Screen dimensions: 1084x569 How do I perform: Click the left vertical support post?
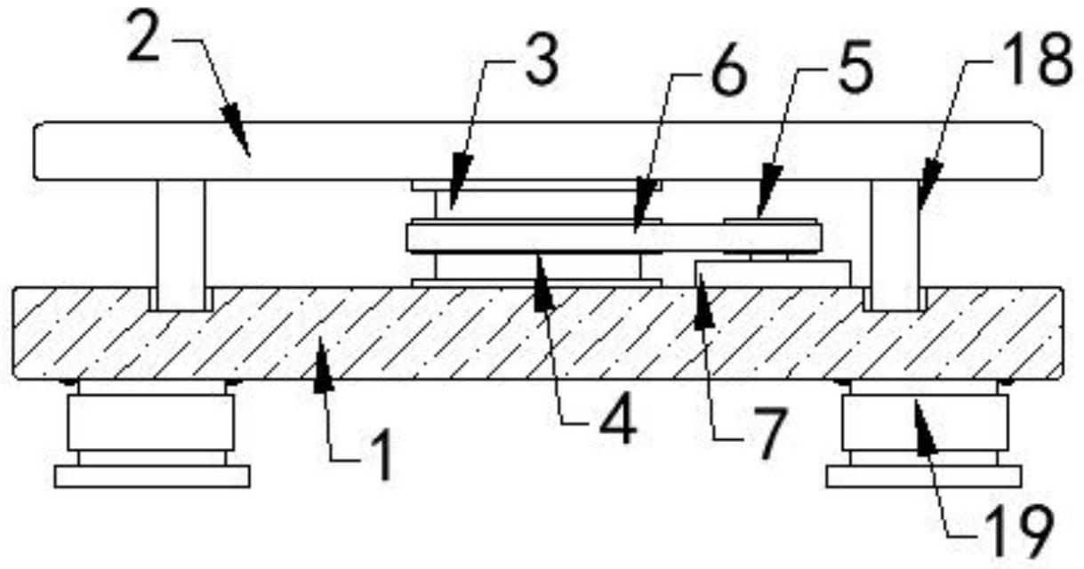coord(181,244)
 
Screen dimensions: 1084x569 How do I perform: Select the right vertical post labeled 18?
coord(894,244)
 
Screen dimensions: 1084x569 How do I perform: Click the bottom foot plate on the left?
coord(151,477)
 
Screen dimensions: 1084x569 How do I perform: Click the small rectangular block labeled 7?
coord(774,273)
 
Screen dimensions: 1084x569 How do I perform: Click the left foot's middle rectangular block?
coord(151,421)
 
